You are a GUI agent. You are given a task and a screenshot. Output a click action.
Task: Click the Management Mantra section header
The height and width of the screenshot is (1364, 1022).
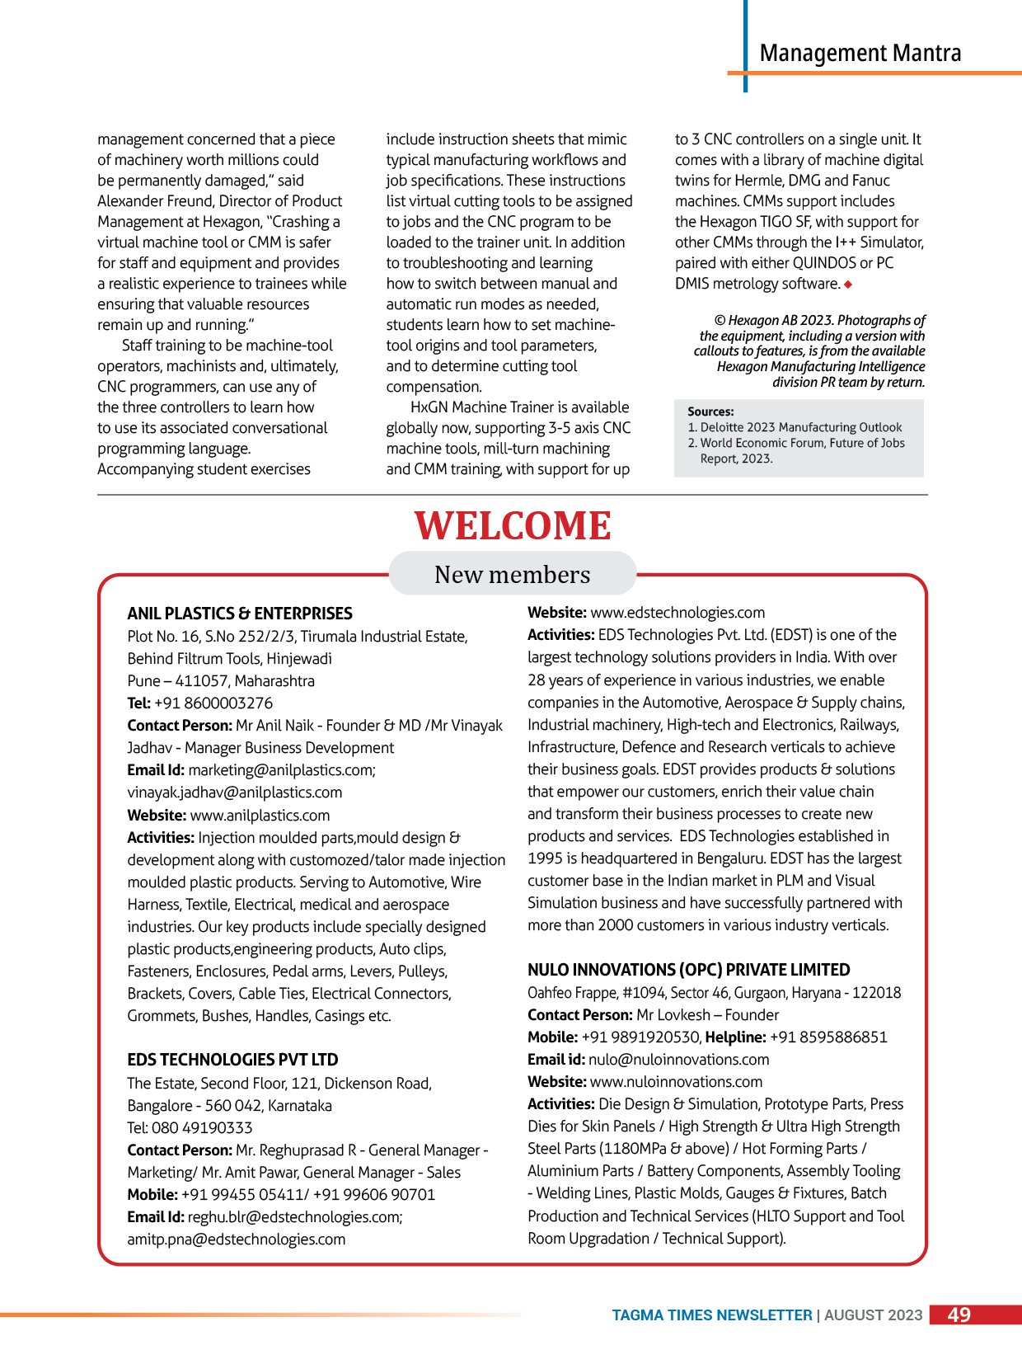pos(860,54)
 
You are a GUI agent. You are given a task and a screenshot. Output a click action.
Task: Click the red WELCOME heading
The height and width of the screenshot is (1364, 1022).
pos(512,526)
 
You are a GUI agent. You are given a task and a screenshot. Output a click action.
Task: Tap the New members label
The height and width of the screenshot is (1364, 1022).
pos(512,574)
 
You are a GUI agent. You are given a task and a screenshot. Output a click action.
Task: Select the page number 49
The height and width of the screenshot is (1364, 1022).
pos(959,1315)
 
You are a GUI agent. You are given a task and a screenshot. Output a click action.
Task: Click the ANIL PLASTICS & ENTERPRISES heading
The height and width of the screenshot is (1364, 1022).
pos(239,614)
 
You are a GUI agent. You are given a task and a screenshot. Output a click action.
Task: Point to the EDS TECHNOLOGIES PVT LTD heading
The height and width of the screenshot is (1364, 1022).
pos(232,1060)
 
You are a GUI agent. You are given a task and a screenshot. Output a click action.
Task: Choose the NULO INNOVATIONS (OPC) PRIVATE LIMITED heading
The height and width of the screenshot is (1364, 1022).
pos(688,970)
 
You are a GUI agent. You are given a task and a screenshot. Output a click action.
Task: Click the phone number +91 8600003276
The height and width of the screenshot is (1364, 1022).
pos(213,703)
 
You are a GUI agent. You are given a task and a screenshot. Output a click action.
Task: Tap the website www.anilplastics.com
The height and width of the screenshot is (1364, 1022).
pos(260,816)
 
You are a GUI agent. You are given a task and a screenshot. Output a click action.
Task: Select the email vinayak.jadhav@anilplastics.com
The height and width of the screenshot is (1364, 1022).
pos(234,793)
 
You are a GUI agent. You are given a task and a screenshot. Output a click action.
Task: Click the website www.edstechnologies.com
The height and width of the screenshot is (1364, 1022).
pos(677,613)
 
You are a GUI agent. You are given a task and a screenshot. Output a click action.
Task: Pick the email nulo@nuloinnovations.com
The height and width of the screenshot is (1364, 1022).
pos(678,1060)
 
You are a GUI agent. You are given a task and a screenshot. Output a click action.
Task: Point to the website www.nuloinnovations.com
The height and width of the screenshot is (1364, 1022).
pos(676,1082)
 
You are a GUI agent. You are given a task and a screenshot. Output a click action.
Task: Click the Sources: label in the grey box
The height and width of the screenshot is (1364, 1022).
pos(710,412)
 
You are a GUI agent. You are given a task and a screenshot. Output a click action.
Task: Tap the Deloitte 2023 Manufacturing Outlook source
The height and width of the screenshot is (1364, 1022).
pos(800,427)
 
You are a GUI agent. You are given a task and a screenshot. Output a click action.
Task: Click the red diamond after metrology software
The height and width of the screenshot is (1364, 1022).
pos(848,285)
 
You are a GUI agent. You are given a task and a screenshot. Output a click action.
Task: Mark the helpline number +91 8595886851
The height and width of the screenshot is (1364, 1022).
pos(828,1037)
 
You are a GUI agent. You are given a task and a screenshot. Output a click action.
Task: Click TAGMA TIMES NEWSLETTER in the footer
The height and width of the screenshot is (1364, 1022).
pos(711,1315)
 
